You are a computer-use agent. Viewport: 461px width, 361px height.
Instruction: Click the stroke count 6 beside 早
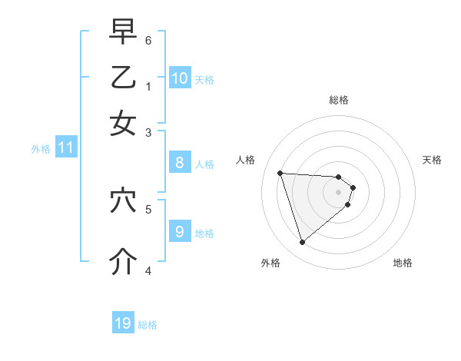(148, 39)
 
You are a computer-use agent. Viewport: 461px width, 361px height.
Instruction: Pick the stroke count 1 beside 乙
(148, 86)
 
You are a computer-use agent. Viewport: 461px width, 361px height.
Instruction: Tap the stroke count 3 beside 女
(148, 132)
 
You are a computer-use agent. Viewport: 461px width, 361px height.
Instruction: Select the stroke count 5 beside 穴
(148, 208)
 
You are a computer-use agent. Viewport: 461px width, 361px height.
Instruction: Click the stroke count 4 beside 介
(148, 270)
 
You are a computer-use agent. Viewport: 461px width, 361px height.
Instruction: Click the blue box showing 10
(180, 78)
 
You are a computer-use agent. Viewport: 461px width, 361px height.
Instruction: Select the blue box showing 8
(180, 162)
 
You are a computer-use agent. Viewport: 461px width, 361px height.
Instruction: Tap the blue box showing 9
(180, 230)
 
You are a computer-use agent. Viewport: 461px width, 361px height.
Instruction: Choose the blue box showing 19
(123, 323)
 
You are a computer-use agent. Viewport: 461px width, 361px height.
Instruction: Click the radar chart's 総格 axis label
(339, 100)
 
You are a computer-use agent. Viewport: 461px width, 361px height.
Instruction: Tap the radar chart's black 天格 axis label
(432, 160)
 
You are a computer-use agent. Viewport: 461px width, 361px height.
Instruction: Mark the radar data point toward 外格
(302, 243)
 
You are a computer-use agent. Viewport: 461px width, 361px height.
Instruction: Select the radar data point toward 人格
(280, 173)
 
